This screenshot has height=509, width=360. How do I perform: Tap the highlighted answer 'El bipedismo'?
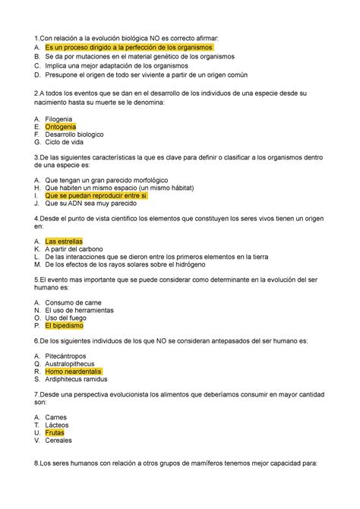pyautogui.click(x=70, y=324)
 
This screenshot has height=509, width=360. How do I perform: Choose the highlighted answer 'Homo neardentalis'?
pyautogui.click(x=79, y=372)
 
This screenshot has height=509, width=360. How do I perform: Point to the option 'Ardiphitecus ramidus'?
pyautogui.click(x=87, y=380)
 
